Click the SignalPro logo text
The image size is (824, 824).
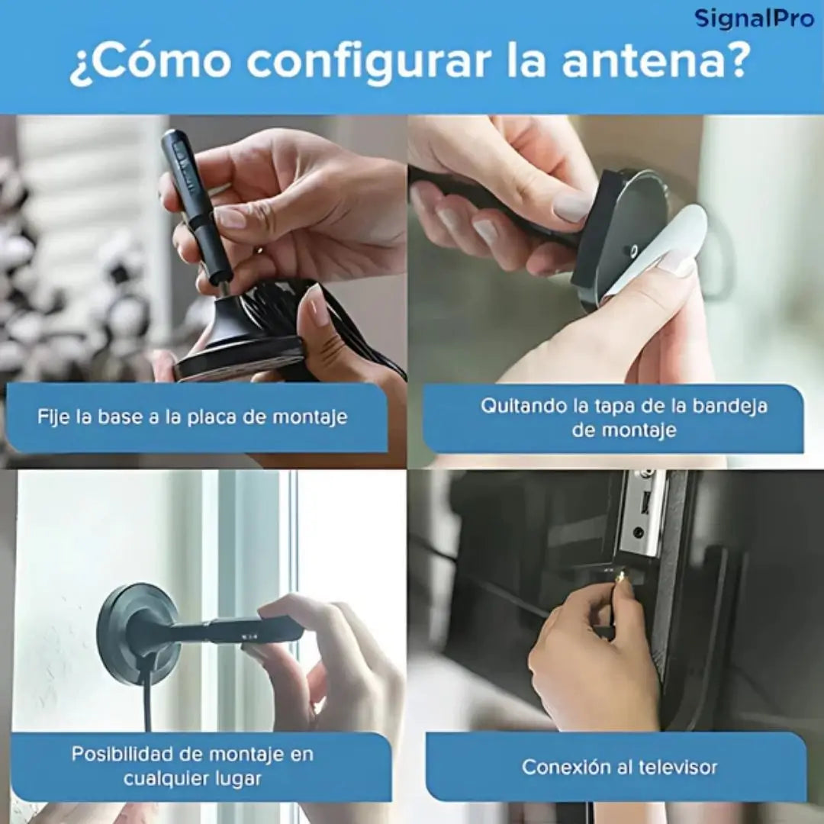tap(753, 18)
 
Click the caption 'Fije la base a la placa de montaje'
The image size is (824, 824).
tap(192, 417)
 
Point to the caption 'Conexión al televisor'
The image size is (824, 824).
tap(619, 767)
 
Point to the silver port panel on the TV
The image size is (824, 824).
tap(642, 511)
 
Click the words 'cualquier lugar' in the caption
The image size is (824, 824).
tap(192, 779)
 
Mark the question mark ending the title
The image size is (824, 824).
tap(733, 63)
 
